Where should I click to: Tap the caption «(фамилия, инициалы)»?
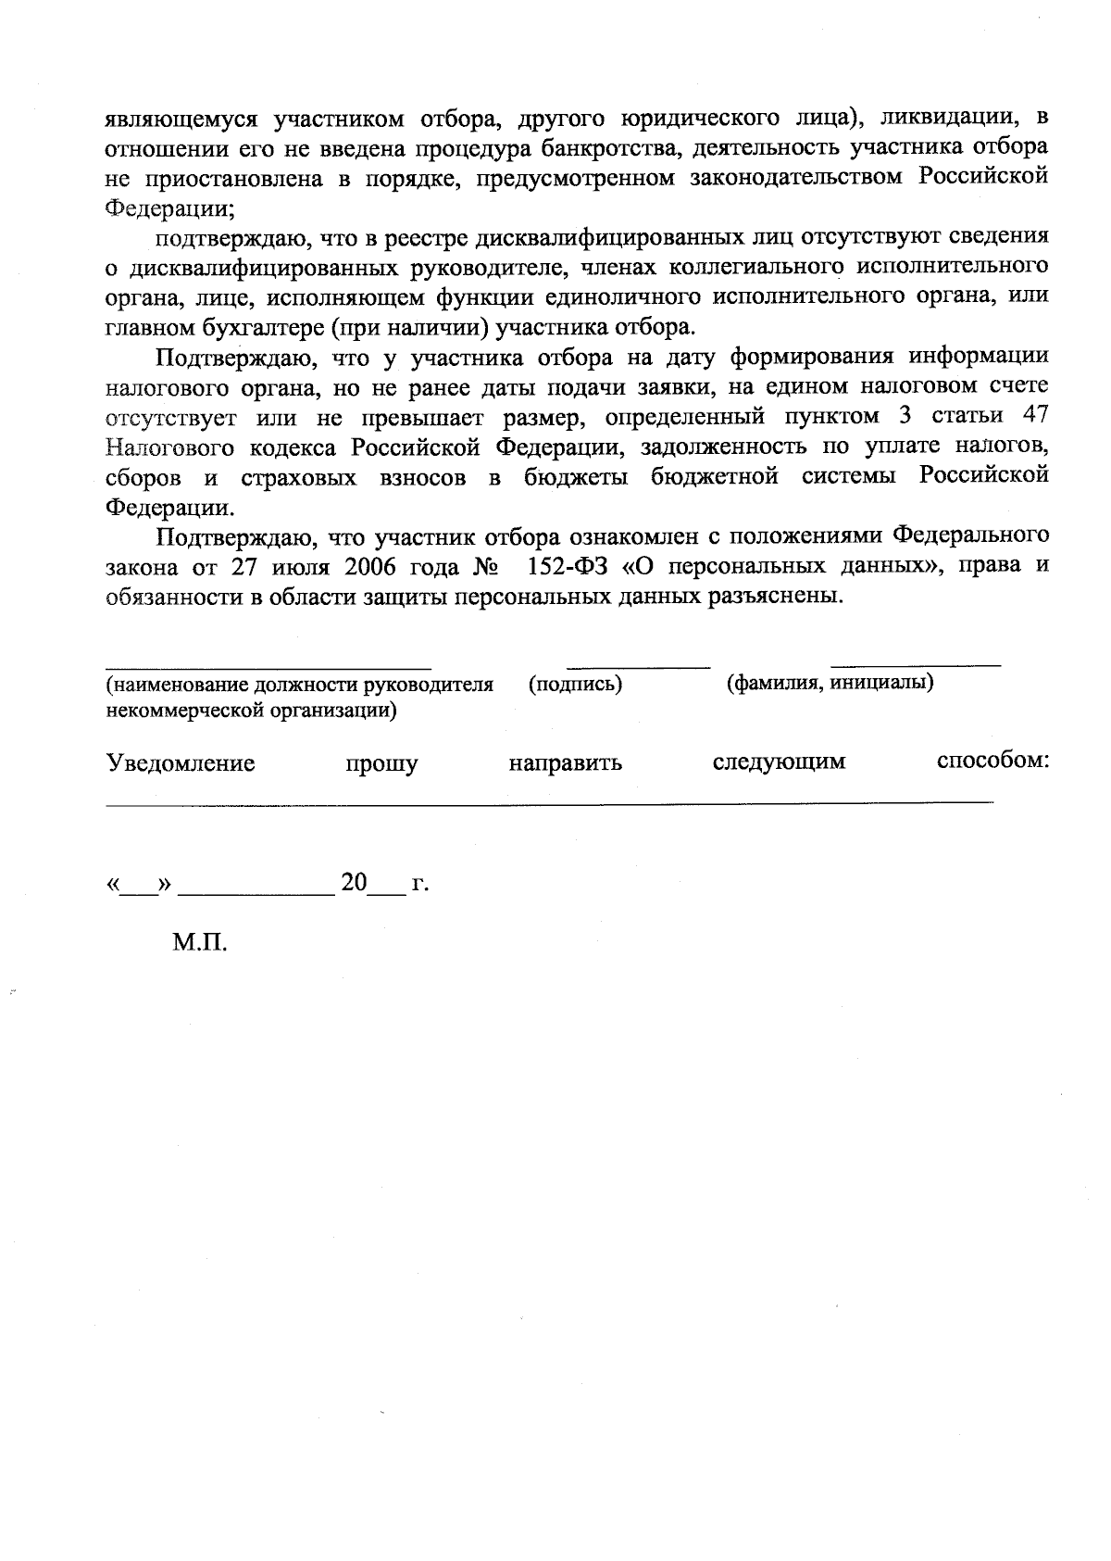pos(830,684)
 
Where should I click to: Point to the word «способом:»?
pos(992,762)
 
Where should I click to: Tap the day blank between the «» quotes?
pos(140,890)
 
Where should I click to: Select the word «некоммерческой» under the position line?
pos(176,711)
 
